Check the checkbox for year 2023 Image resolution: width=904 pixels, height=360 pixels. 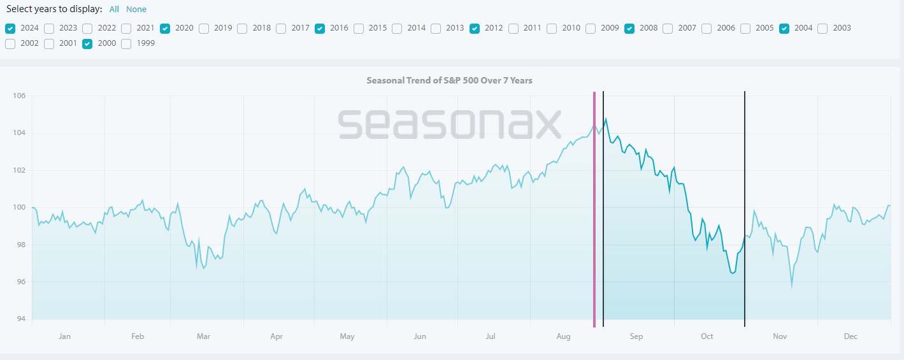(x=49, y=28)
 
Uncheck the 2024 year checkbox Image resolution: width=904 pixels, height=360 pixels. (x=10, y=28)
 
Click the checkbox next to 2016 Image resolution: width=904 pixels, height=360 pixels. (x=320, y=28)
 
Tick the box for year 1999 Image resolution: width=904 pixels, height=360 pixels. (x=126, y=44)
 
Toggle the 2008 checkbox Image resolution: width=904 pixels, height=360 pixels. (x=629, y=28)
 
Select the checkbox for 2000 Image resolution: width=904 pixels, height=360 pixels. (x=87, y=44)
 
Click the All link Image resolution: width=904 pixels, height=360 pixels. (x=114, y=10)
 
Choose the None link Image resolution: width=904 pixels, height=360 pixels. (x=136, y=10)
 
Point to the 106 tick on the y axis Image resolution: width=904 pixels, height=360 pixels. (x=18, y=96)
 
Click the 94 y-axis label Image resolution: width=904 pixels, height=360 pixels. (x=20, y=319)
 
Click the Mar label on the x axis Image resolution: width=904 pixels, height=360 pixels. (x=203, y=336)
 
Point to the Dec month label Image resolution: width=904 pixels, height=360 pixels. (x=851, y=336)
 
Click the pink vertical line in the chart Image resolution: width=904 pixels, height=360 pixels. (x=594, y=210)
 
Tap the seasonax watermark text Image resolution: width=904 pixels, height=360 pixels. (x=449, y=124)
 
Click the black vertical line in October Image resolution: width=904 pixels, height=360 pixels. (x=745, y=210)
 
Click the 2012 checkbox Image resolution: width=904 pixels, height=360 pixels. (x=475, y=28)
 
